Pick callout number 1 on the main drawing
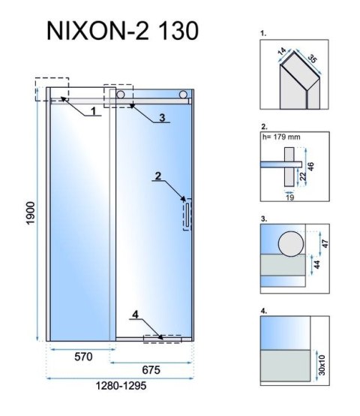94,111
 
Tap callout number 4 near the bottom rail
136,315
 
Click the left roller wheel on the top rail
121,95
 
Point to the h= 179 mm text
281,137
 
